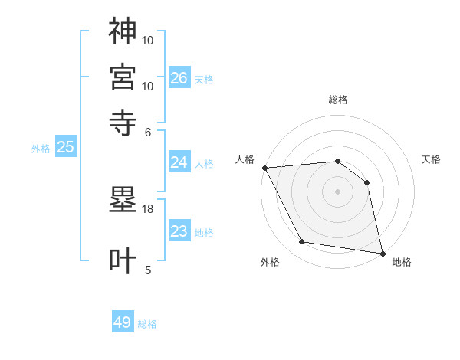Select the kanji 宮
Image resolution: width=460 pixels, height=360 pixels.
[123, 76]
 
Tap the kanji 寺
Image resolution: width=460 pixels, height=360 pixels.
[123, 122]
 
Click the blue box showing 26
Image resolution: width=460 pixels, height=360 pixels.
[179, 78]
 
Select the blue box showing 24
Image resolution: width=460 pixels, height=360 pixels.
[179, 162]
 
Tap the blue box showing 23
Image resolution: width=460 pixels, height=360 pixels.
[179, 232]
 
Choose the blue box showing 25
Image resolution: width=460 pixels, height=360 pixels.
[66, 148]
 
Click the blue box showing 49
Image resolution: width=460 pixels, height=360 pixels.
[123, 322]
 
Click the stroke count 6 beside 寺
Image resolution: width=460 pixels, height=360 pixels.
[148, 132]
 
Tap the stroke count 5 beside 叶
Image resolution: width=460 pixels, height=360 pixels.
[148, 270]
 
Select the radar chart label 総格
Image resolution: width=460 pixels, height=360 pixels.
[337, 100]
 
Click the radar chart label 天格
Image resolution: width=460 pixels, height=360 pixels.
[431, 159]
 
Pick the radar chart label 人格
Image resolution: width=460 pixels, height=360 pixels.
[245, 159]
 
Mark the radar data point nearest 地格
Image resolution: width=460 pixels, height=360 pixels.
[382, 252]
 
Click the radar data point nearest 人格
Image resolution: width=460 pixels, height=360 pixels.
[264, 168]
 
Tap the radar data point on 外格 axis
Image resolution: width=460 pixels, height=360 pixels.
[302, 242]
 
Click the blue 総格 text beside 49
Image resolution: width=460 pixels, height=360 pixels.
[147, 324]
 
